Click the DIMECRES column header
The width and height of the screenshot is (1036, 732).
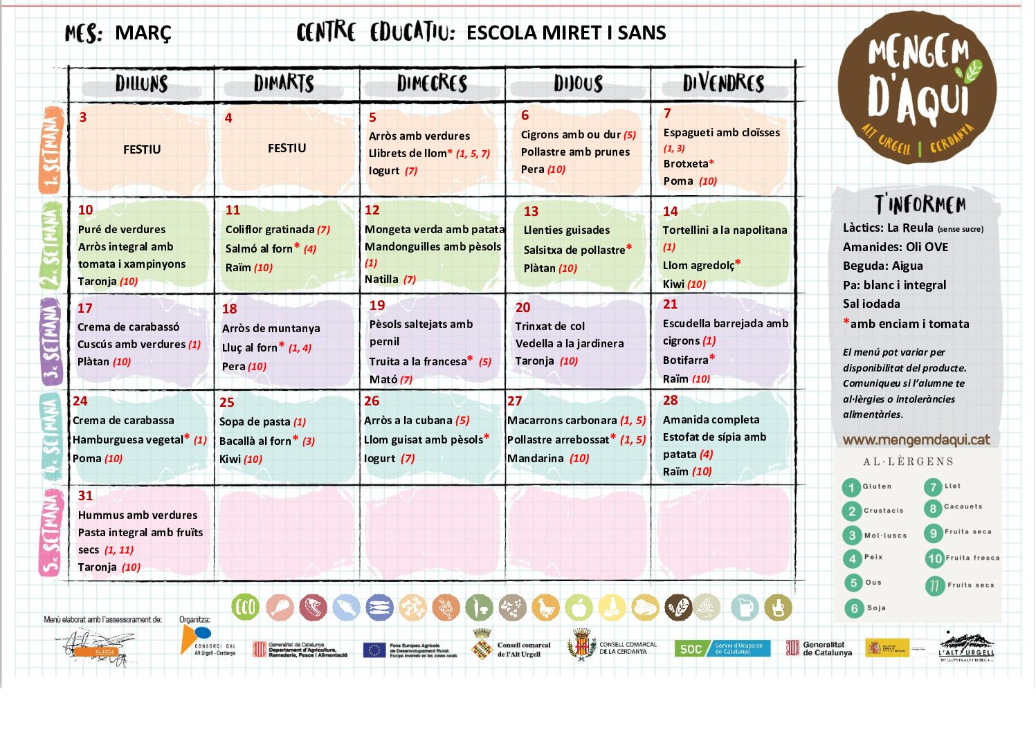click(432, 84)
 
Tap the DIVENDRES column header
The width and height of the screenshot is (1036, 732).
click(723, 84)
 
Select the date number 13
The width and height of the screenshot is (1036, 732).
click(531, 212)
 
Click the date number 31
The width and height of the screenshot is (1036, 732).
click(85, 496)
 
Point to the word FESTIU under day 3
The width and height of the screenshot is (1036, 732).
click(142, 149)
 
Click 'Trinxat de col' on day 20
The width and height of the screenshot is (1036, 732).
click(549, 327)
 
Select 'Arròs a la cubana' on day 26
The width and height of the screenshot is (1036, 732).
click(408, 421)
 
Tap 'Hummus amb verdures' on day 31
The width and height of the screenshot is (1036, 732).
click(138, 515)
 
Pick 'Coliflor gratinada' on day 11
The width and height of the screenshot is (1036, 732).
click(270, 230)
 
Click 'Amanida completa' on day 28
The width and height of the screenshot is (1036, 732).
click(711, 420)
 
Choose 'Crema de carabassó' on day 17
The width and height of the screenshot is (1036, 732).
click(128, 327)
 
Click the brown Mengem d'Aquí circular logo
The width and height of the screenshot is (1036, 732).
click(917, 87)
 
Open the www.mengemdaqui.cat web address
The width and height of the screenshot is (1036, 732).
click(916, 440)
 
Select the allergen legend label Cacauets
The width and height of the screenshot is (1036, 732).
click(963, 507)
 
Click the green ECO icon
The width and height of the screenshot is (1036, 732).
click(245, 607)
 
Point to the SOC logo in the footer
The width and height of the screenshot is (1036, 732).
click(691, 649)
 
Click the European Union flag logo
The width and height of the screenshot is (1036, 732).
click(374, 650)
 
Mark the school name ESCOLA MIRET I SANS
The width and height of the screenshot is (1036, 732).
click(565, 33)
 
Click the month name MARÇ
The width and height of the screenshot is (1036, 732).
click(143, 33)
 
